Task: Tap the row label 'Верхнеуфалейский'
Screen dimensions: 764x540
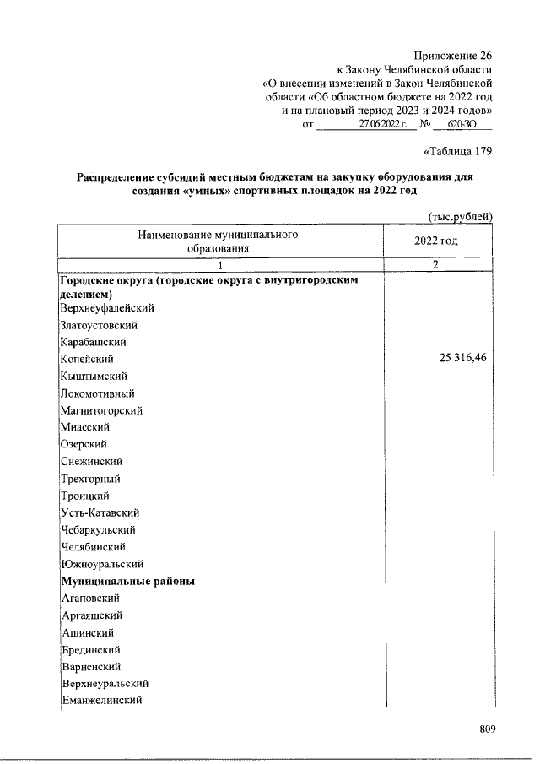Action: coord(107,308)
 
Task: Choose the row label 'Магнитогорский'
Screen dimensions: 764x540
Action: coord(101,410)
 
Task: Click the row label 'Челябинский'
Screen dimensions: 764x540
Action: coord(93,546)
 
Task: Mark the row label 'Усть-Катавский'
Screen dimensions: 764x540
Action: coord(100,512)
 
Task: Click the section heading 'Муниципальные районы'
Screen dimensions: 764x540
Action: coord(127,582)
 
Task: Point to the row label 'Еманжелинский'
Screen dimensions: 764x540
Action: coord(101,701)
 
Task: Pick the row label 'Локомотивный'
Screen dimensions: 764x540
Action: coord(98,393)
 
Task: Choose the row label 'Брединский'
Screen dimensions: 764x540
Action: coord(91,650)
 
